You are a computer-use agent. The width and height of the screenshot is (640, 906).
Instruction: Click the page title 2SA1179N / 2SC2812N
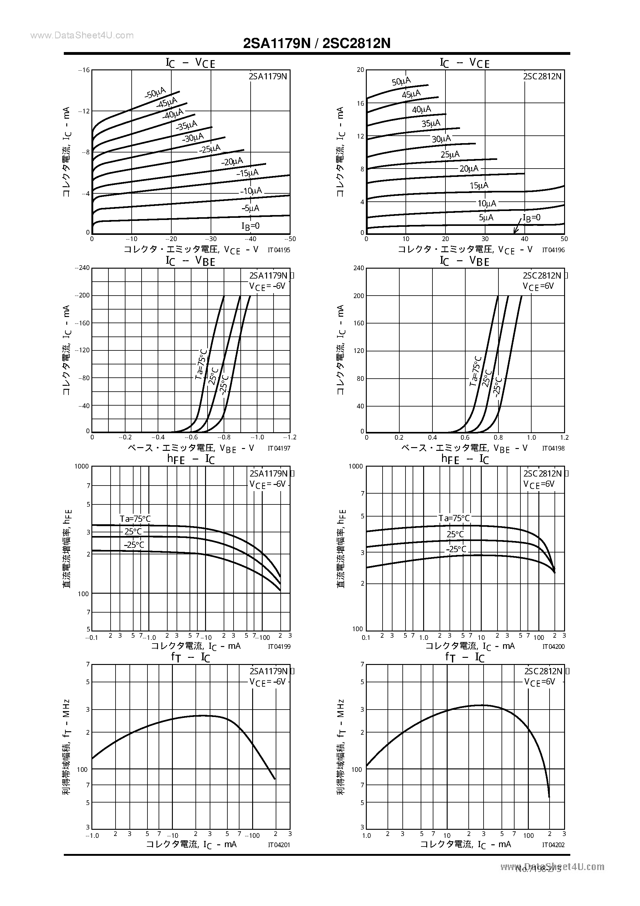pos(317,43)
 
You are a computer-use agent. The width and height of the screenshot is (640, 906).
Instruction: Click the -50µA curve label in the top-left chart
pos(155,93)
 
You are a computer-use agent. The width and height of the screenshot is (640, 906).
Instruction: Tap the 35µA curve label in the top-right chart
pos(431,124)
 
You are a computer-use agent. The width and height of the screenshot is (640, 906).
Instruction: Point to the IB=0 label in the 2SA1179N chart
pos(251,226)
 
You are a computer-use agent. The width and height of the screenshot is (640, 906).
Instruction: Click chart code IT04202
pos(553,845)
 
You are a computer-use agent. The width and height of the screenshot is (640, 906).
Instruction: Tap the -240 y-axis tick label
pos(84,267)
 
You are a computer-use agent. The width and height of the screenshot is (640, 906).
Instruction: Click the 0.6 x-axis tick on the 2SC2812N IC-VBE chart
pos(465,437)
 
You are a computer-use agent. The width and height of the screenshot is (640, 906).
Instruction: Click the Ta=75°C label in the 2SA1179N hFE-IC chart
pos(135,518)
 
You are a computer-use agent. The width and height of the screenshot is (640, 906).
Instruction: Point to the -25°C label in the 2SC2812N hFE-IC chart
pos(456,549)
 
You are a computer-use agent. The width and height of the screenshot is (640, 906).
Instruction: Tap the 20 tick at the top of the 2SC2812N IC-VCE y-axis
pos(360,70)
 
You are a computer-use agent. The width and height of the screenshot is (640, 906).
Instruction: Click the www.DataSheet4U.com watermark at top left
pos(82,36)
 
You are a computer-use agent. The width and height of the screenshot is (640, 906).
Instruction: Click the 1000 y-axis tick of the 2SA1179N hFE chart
pos(82,466)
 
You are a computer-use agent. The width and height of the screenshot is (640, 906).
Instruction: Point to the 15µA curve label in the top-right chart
pos(479,186)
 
